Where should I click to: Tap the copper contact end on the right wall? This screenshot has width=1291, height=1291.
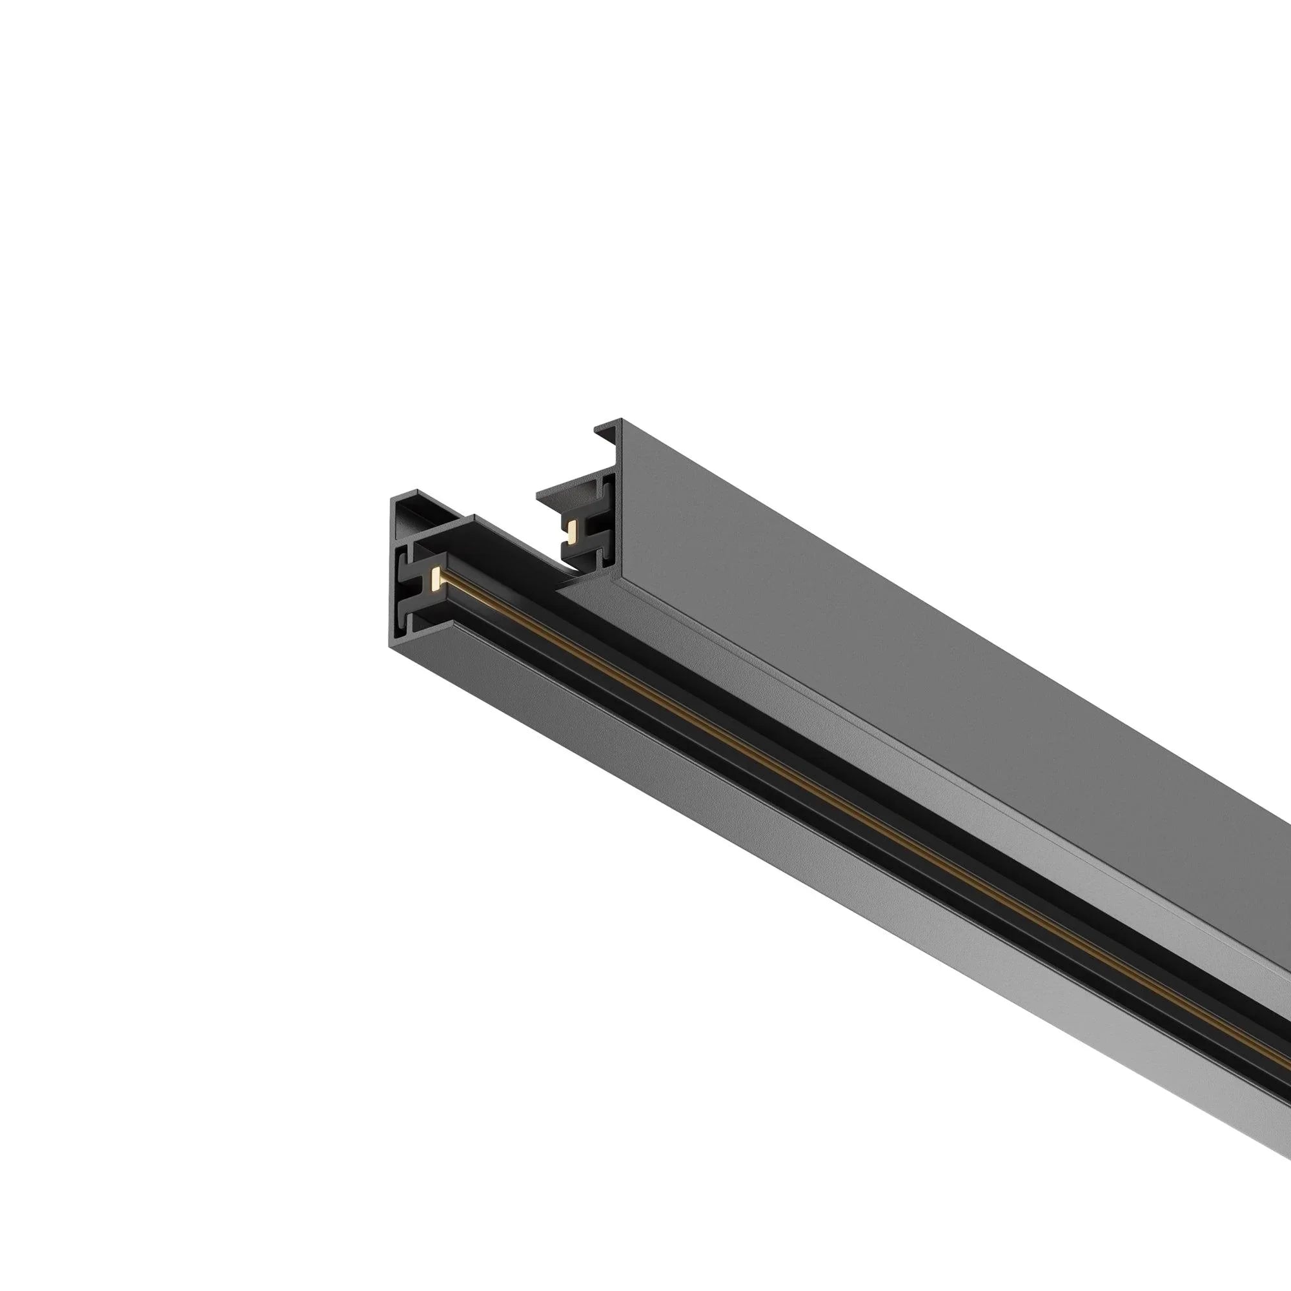[571, 532]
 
